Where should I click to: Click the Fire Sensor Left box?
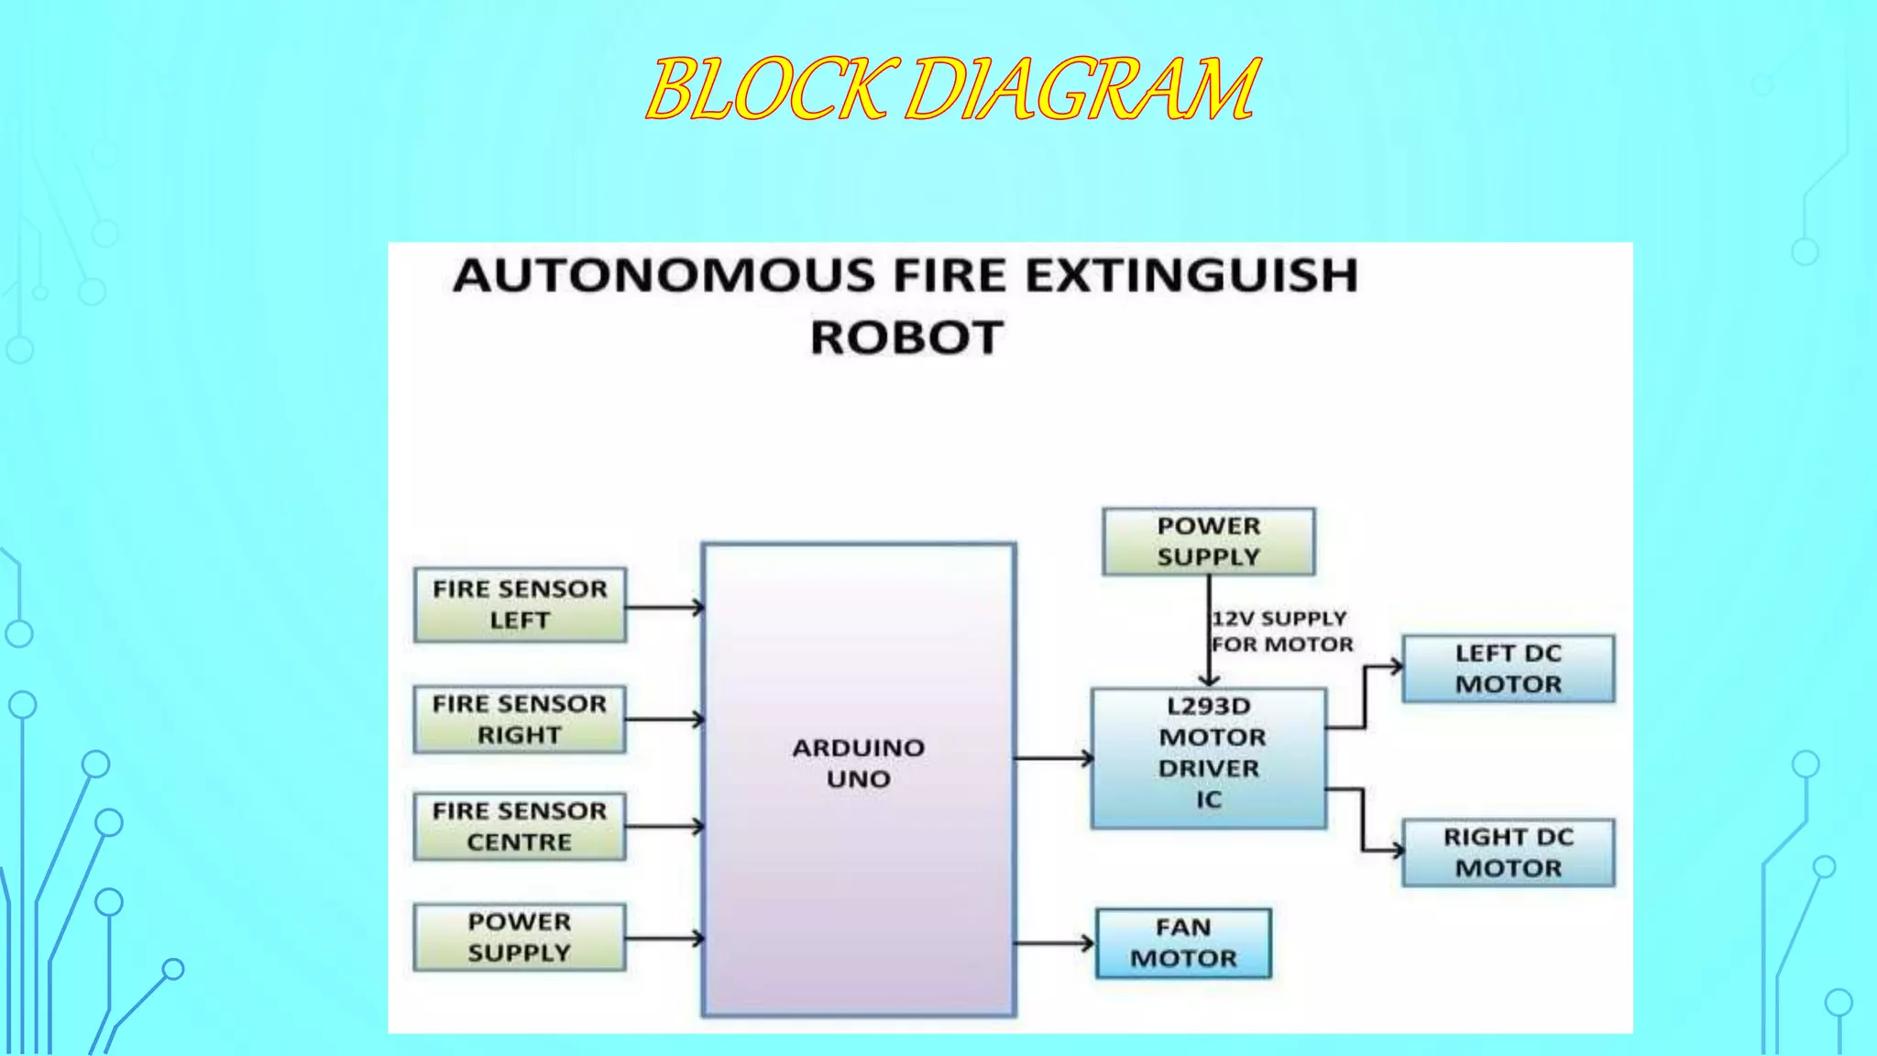point(520,605)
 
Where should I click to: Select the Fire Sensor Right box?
point(520,720)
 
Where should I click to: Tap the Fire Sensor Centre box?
point(520,827)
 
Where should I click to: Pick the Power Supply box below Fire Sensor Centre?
point(520,938)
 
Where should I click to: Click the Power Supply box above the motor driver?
point(1208,542)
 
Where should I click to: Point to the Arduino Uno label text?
point(858,764)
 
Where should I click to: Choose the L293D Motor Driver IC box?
point(1208,758)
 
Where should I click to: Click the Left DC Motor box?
point(1508,669)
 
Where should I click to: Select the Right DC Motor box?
point(1508,852)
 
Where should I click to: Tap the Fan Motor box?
point(1183,943)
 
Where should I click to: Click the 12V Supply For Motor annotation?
point(1281,632)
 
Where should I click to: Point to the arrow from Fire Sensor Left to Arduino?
point(664,607)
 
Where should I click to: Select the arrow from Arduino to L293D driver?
point(1053,758)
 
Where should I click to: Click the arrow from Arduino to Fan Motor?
point(1054,943)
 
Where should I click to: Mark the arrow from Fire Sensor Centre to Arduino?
point(664,827)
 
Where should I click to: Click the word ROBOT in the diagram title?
point(906,337)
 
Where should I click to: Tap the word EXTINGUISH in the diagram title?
point(1191,275)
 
